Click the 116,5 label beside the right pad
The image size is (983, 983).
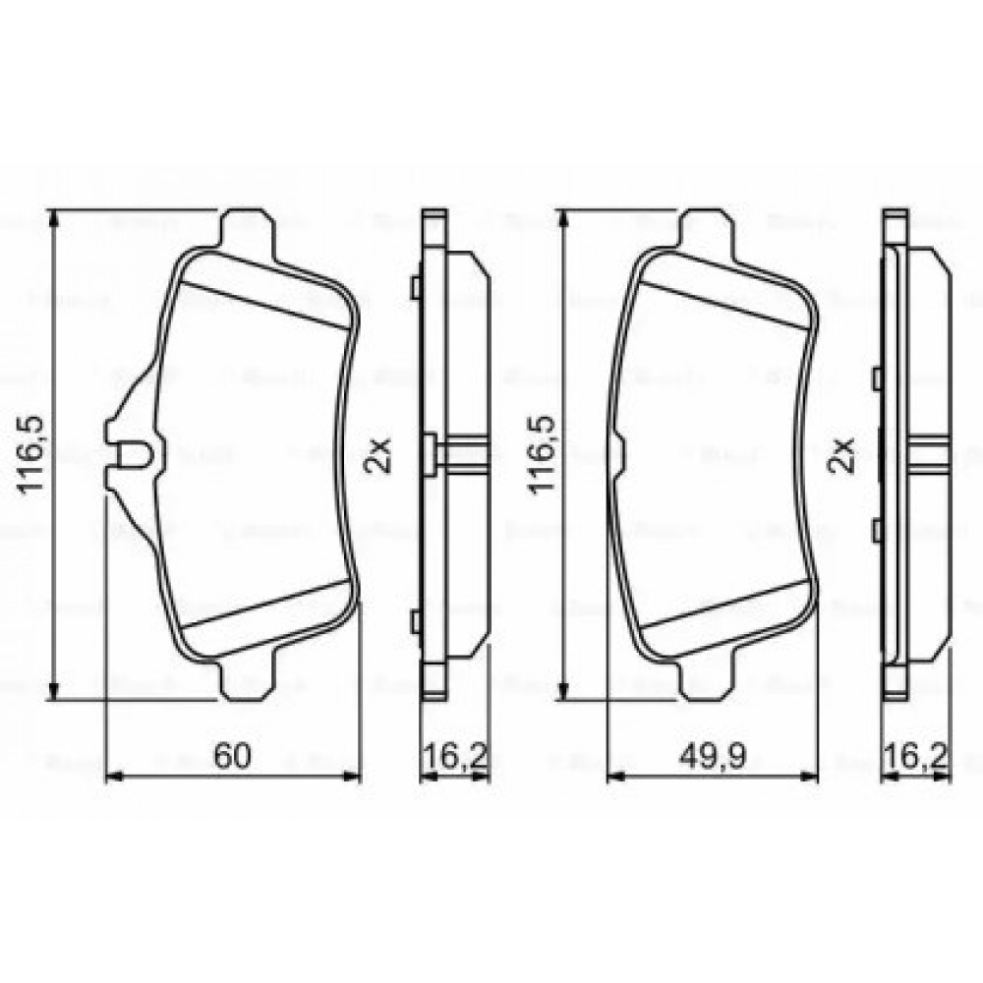544,453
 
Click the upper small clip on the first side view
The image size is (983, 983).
417,287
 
